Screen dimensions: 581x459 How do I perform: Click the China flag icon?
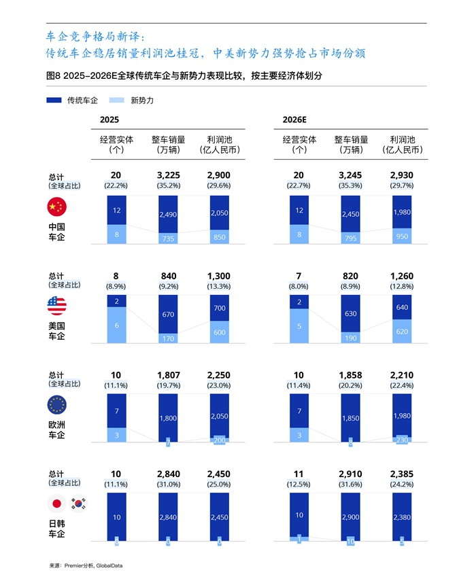[57, 207]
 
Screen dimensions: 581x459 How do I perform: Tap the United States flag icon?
[57, 306]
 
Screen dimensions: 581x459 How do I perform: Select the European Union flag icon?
[57, 406]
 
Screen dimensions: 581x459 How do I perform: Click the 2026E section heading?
[295, 119]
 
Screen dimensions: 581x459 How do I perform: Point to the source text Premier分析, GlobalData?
[86, 565]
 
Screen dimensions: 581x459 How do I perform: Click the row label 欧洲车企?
[57, 429]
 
